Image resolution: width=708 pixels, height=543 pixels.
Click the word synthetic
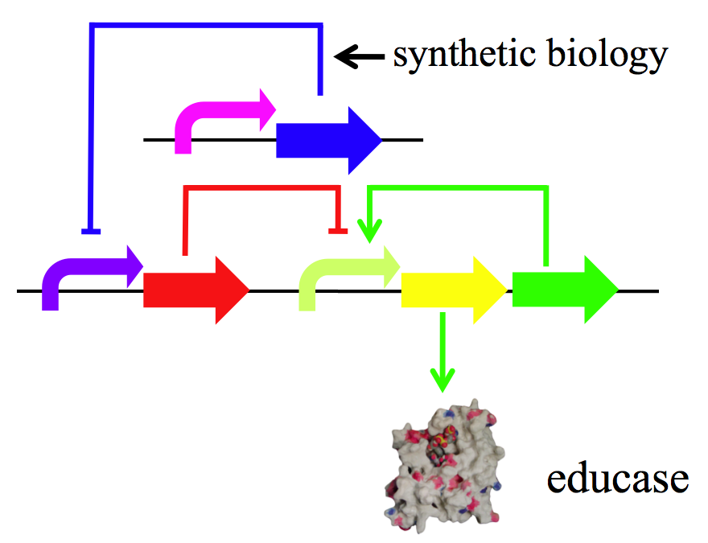point(455,55)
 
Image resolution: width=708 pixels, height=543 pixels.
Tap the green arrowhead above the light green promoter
point(368,232)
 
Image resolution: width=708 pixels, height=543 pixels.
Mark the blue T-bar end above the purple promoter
point(91,232)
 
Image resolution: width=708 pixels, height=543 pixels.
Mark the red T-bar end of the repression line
point(338,232)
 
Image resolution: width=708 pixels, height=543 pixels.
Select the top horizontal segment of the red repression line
point(261,188)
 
